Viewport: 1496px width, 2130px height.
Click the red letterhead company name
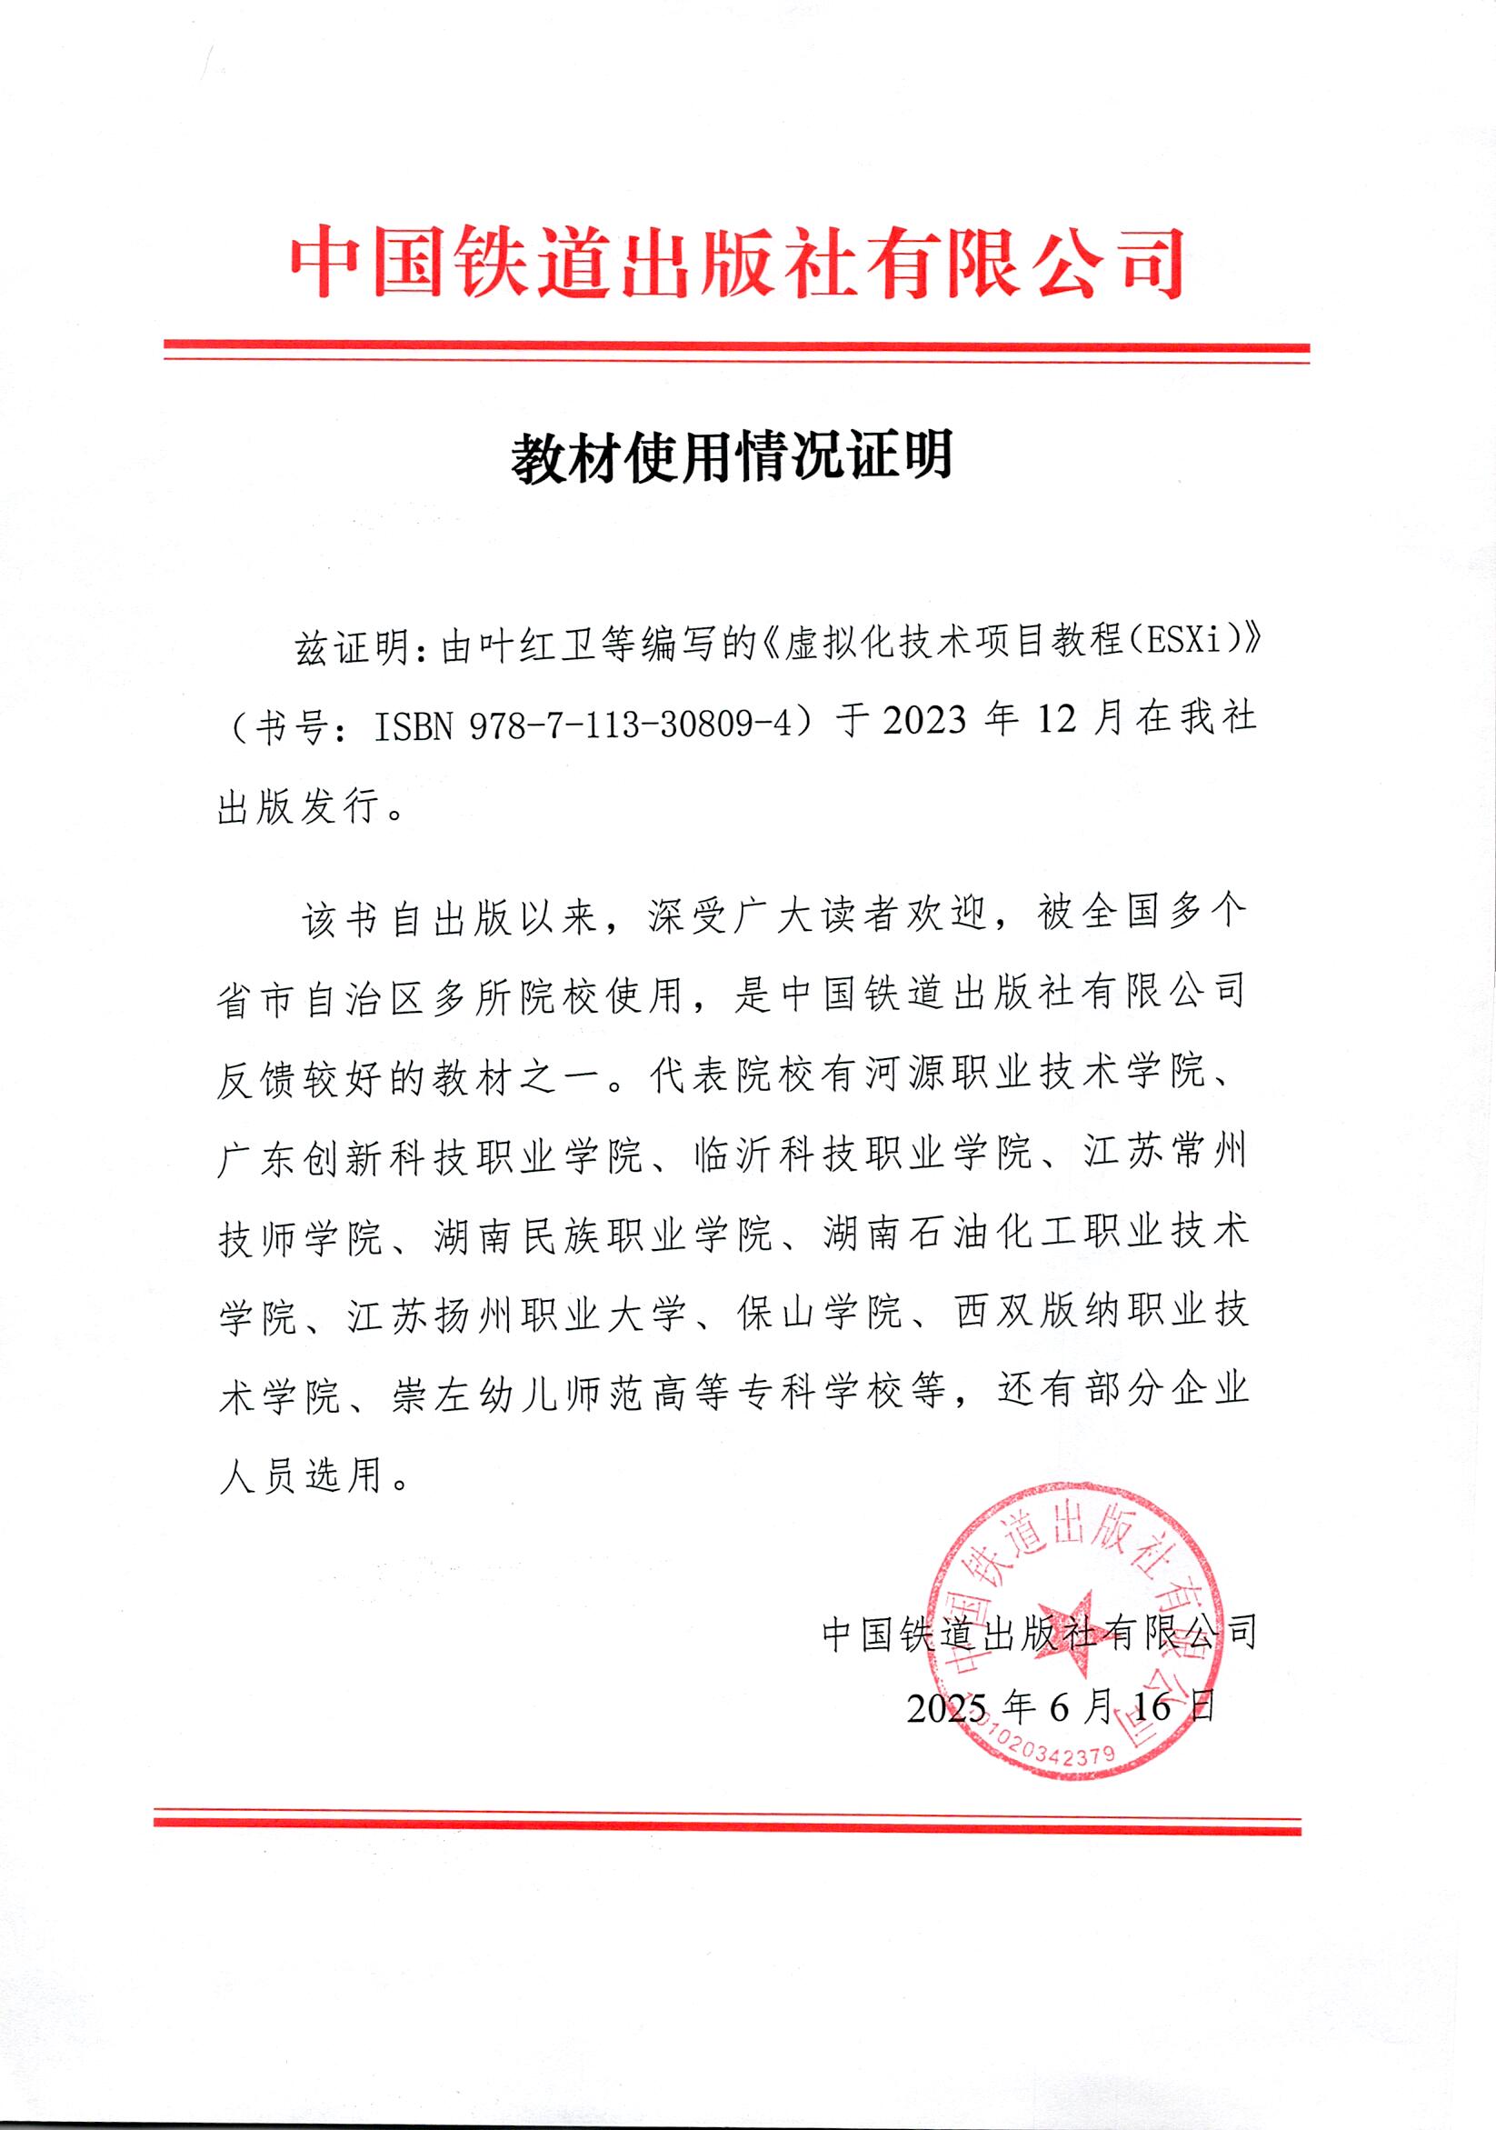737,264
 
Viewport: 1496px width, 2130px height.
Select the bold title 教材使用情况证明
732,456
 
